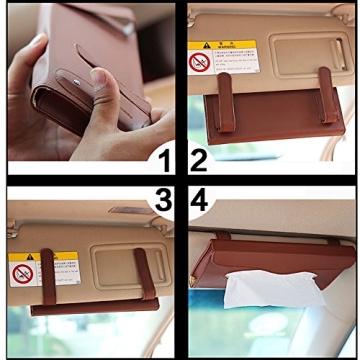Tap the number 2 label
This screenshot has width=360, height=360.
tap(197, 160)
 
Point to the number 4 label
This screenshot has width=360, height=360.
tap(198, 201)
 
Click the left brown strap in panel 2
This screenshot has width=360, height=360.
tap(225, 91)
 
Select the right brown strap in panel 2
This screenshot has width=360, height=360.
tap(328, 89)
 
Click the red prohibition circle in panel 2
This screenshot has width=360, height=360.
tap(199, 62)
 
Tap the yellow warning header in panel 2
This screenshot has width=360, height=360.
tap(221, 46)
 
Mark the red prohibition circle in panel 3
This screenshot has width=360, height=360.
tap(22, 273)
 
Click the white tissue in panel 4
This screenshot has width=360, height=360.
tap(259, 290)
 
